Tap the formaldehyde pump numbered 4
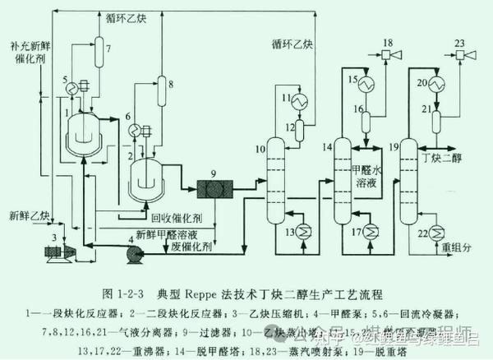pos(133,253)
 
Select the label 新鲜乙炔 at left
pos(30,216)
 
